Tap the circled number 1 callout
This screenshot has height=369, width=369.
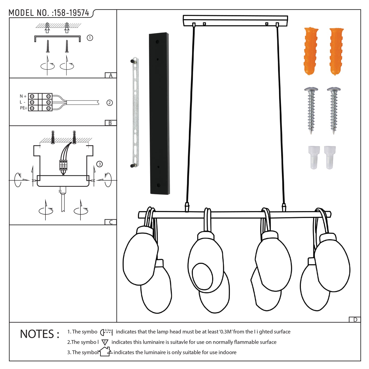(90, 38)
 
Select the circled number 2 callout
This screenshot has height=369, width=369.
(110, 103)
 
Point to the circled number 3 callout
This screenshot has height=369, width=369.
(99, 164)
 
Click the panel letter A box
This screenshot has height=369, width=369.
(111, 75)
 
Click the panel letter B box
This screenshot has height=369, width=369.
(111, 123)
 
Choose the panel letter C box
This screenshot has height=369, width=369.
(111, 222)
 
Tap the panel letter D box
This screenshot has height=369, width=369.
(355, 320)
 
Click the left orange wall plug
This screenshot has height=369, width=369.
(311, 51)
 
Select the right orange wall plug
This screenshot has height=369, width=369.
(336, 52)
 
